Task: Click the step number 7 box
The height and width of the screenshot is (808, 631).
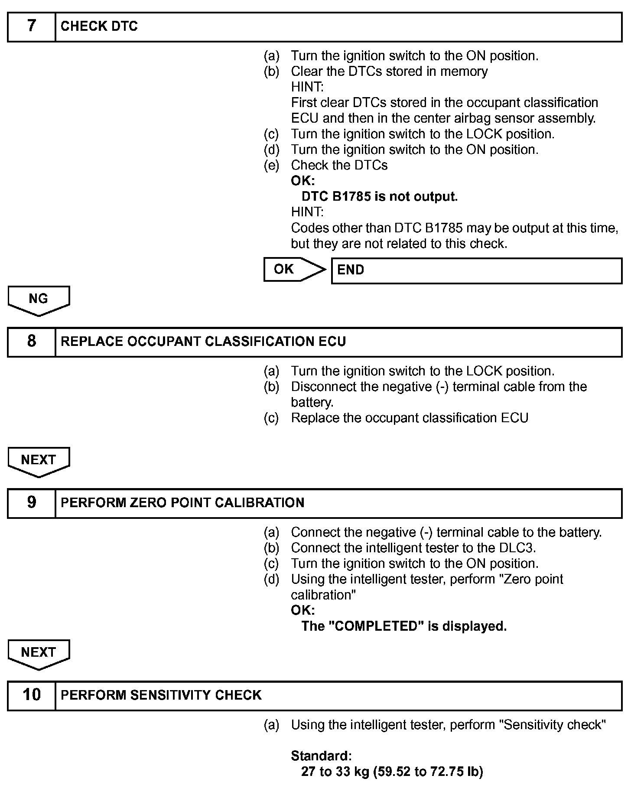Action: point(32,26)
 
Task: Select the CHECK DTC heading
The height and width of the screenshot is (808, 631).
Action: point(99,26)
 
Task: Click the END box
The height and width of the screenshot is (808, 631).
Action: point(476,270)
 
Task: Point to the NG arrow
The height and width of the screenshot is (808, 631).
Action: point(39,300)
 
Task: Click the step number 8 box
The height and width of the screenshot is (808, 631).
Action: point(32,342)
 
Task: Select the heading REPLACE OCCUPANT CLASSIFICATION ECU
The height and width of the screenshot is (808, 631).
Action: point(203,342)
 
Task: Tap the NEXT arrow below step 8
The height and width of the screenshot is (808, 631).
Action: point(39,461)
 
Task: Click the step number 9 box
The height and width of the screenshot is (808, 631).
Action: point(32,503)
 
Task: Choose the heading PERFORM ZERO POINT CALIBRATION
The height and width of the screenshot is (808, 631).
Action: point(182,503)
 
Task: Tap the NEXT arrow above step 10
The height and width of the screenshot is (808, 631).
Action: point(39,654)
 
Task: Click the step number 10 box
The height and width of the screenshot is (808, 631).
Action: point(32,695)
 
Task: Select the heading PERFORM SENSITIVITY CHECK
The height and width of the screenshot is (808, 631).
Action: point(161,695)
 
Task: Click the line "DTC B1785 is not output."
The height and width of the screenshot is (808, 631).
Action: point(379,197)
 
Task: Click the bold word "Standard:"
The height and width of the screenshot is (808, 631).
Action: point(321,756)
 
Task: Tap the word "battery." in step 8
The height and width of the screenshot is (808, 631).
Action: point(312,402)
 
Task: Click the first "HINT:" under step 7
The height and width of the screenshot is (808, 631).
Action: point(307,87)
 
